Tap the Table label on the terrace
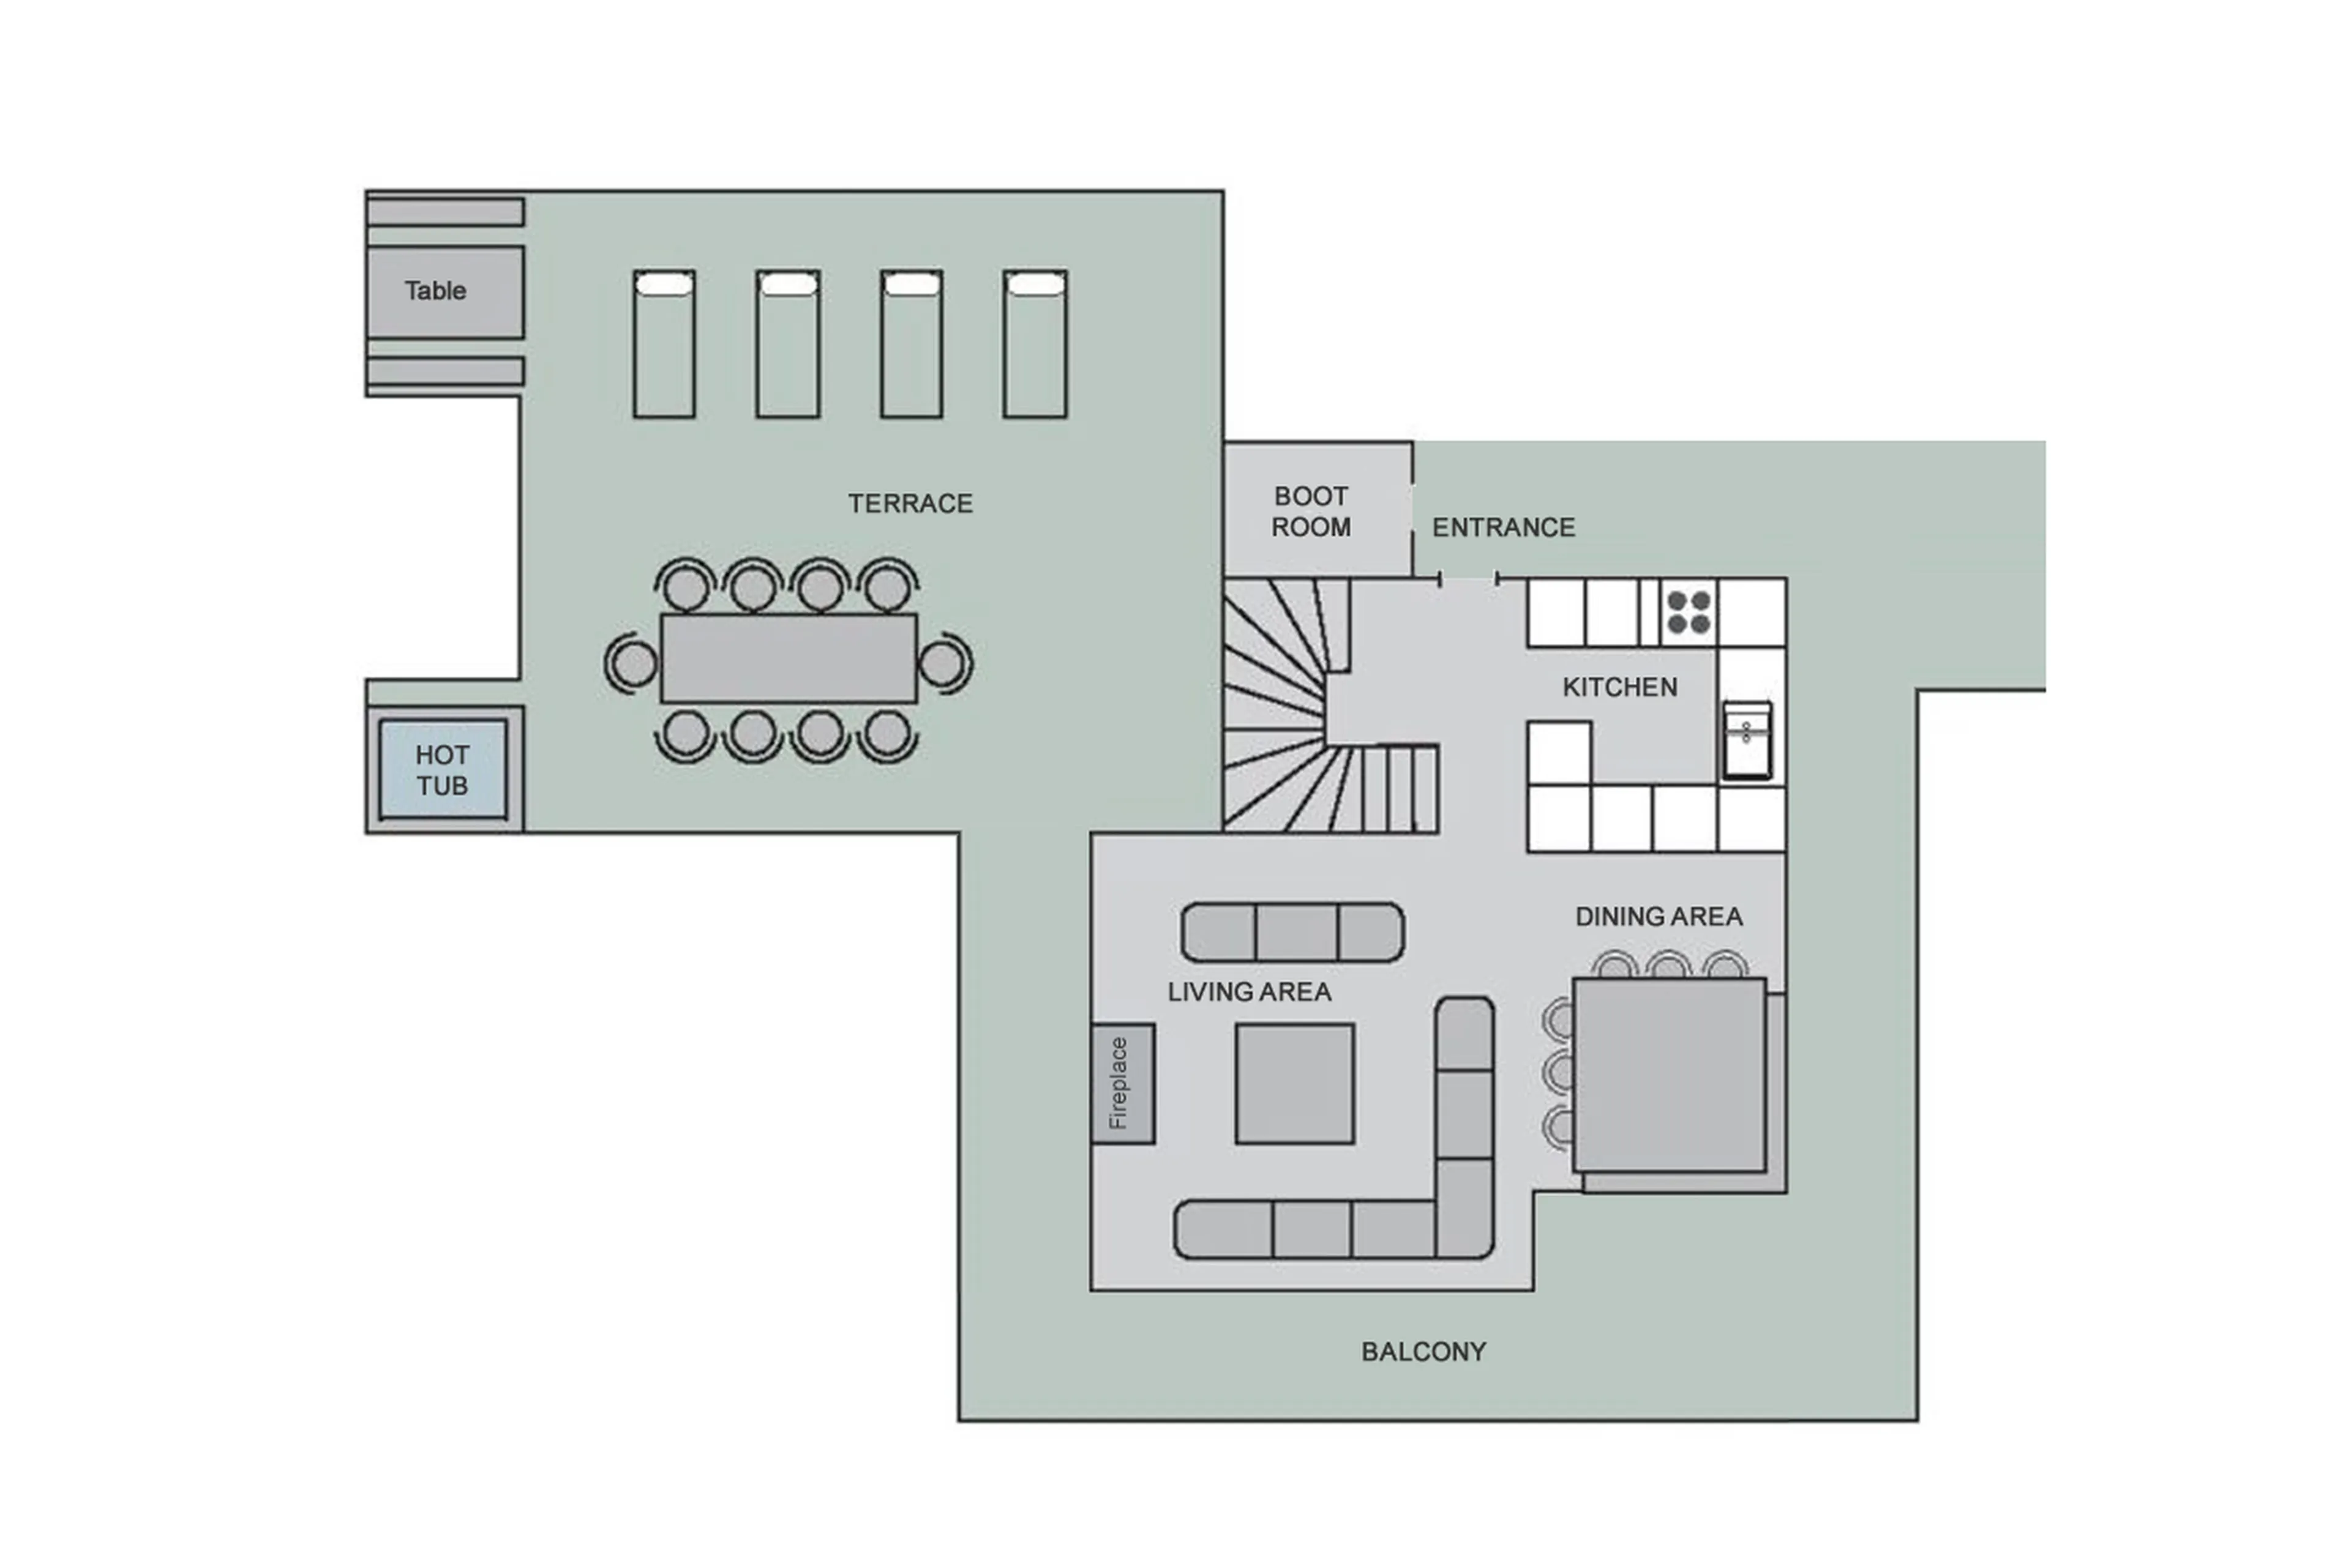click(x=435, y=291)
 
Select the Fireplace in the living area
click(x=1122, y=1084)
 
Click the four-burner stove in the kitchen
click(x=1689, y=611)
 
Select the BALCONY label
click(x=1423, y=1351)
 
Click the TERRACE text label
click(x=909, y=504)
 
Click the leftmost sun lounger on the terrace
click(x=664, y=345)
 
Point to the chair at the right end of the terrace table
click(x=942, y=663)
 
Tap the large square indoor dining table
click(x=1668, y=1075)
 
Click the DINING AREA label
click(x=1659, y=917)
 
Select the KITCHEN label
click(x=1619, y=687)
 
